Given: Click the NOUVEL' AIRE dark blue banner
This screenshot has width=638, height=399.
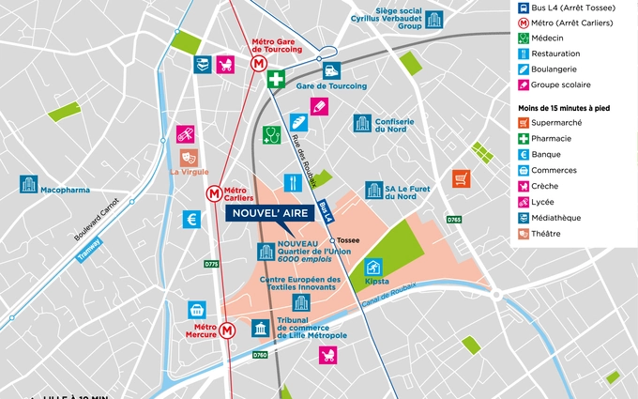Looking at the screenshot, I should (269, 213).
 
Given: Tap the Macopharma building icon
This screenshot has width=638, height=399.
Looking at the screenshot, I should (29, 184).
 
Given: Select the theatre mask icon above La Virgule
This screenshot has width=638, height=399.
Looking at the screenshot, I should (189, 157).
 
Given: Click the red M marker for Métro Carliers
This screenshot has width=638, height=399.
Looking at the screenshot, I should (215, 193).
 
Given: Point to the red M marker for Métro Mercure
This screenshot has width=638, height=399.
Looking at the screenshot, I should (228, 330).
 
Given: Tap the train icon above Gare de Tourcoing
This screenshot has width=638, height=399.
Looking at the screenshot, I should (331, 70).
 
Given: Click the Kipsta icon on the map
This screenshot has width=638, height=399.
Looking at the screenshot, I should (374, 268).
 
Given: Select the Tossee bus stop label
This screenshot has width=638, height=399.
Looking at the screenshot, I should (348, 240).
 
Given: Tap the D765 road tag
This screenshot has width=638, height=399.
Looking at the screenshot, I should (454, 220).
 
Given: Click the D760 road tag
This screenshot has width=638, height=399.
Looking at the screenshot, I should (260, 355).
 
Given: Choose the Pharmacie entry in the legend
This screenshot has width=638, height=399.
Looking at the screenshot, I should (552, 138).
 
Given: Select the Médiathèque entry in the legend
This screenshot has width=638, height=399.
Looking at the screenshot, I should (555, 218).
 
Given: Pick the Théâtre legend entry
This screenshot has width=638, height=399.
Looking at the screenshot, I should (549, 234).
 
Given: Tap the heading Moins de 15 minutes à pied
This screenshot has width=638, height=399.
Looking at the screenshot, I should (564, 108).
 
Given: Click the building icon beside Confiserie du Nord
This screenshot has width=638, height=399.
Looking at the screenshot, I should (362, 123).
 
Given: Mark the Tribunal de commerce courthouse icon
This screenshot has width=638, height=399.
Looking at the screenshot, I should (258, 328).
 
